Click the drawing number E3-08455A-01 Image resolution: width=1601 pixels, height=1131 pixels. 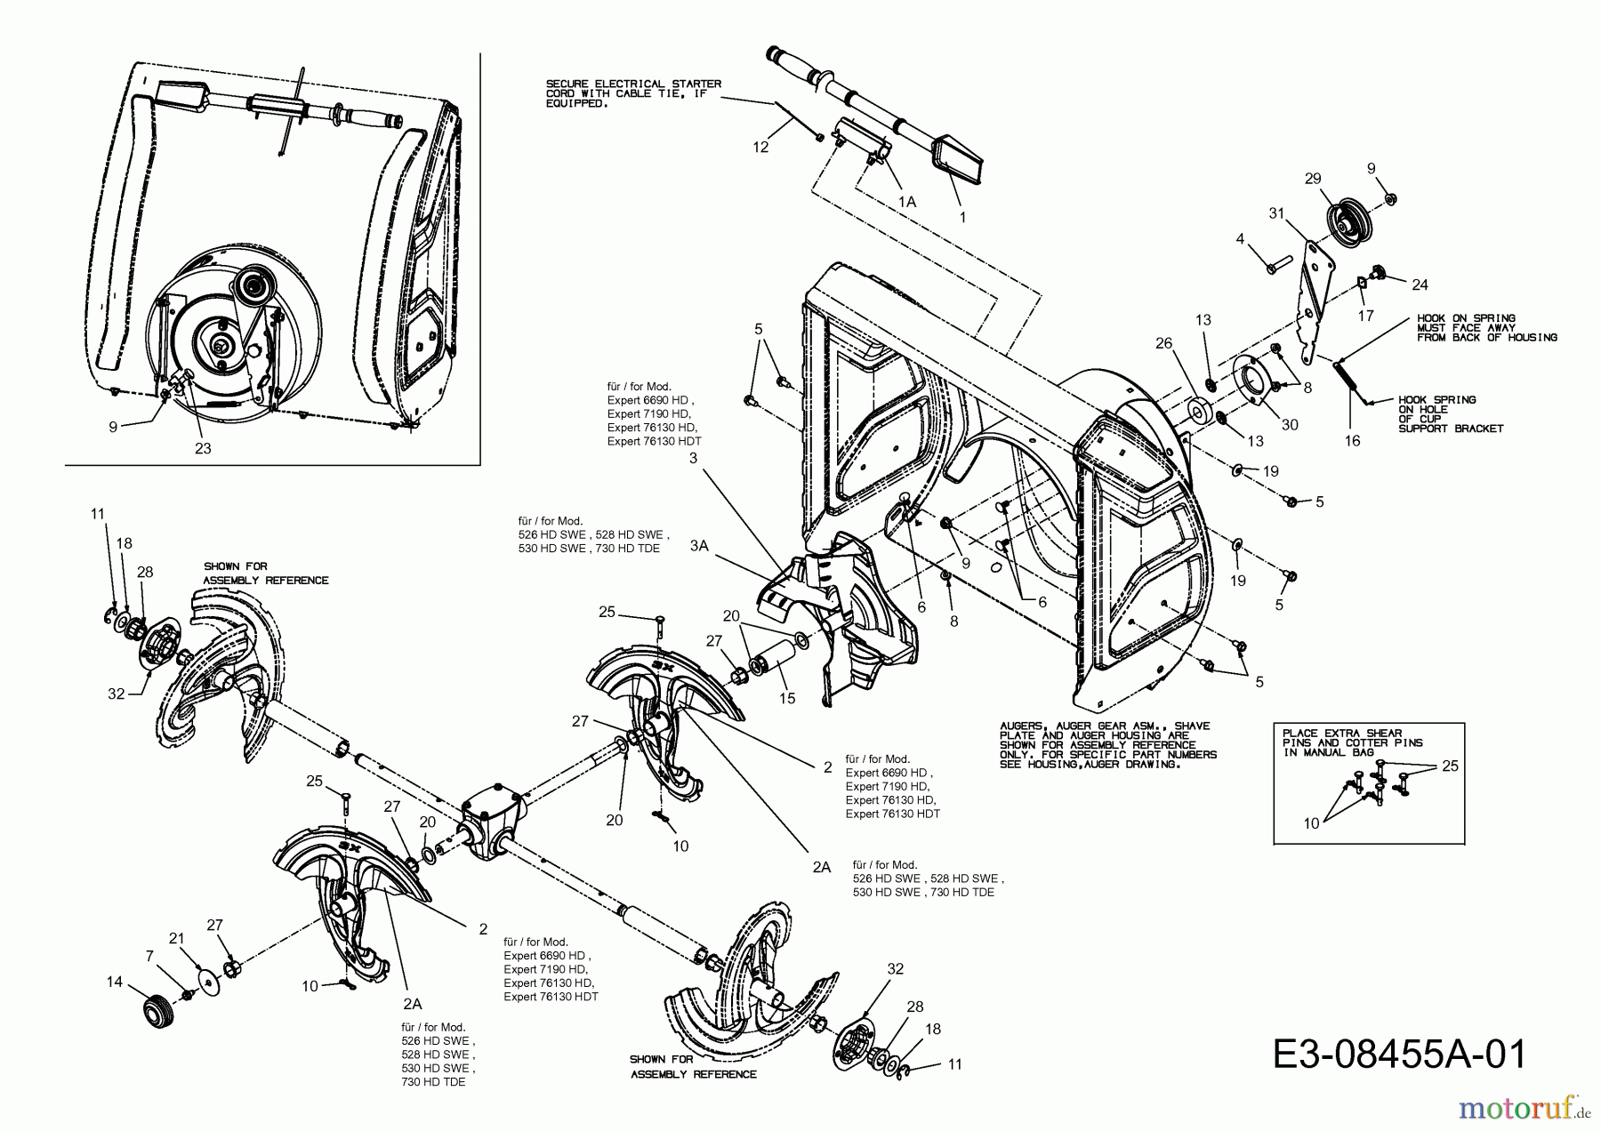tap(1399, 1055)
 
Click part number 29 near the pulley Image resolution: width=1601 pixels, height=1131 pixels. tap(1313, 179)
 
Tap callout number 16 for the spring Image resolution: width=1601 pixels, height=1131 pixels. tap(1352, 440)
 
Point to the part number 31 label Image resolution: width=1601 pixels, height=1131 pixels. tap(1277, 213)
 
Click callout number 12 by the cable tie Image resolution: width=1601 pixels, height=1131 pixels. tap(760, 147)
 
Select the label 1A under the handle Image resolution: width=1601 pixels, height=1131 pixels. tap(906, 202)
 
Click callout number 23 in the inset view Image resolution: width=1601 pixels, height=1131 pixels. tap(203, 448)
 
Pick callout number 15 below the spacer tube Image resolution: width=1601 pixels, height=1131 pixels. tap(787, 698)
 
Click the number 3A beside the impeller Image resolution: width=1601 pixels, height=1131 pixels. tap(699, 546)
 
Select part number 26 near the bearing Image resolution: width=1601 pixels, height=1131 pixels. tap(1164, 342)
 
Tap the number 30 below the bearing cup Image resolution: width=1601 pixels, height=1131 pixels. tap(1289, 425)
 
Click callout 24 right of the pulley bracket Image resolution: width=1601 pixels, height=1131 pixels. tap(1420, 285)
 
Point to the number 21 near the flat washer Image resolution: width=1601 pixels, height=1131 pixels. tap(177, 939)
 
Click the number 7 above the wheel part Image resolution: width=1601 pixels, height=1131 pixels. tap(149, 955)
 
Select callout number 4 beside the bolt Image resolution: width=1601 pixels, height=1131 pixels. tap(1239, 238)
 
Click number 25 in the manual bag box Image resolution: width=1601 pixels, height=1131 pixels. tap(1450, 766)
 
